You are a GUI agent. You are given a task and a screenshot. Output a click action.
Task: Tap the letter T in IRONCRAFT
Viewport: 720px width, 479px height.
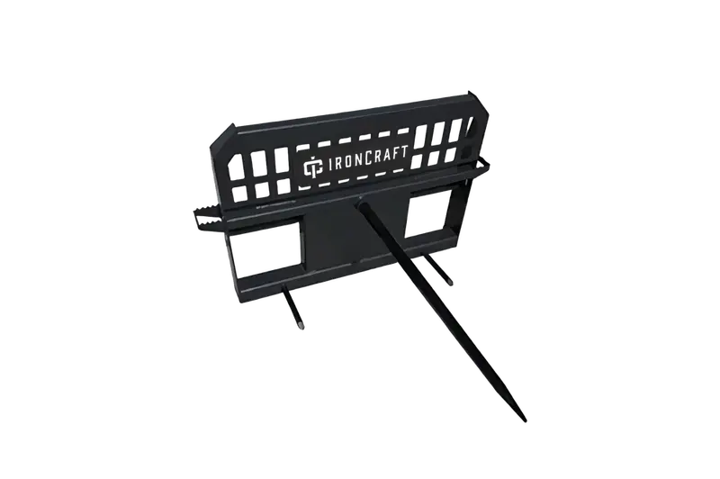pos(402,152)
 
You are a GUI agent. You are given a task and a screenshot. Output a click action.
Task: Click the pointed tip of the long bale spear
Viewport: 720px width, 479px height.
pos(524,420)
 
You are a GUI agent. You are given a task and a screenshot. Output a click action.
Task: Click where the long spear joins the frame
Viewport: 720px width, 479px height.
pos(360,199)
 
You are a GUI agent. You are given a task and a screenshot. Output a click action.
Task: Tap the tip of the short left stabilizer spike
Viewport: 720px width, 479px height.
pos(301,326)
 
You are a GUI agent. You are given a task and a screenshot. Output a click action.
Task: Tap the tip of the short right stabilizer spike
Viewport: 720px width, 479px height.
pos(449,282)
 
